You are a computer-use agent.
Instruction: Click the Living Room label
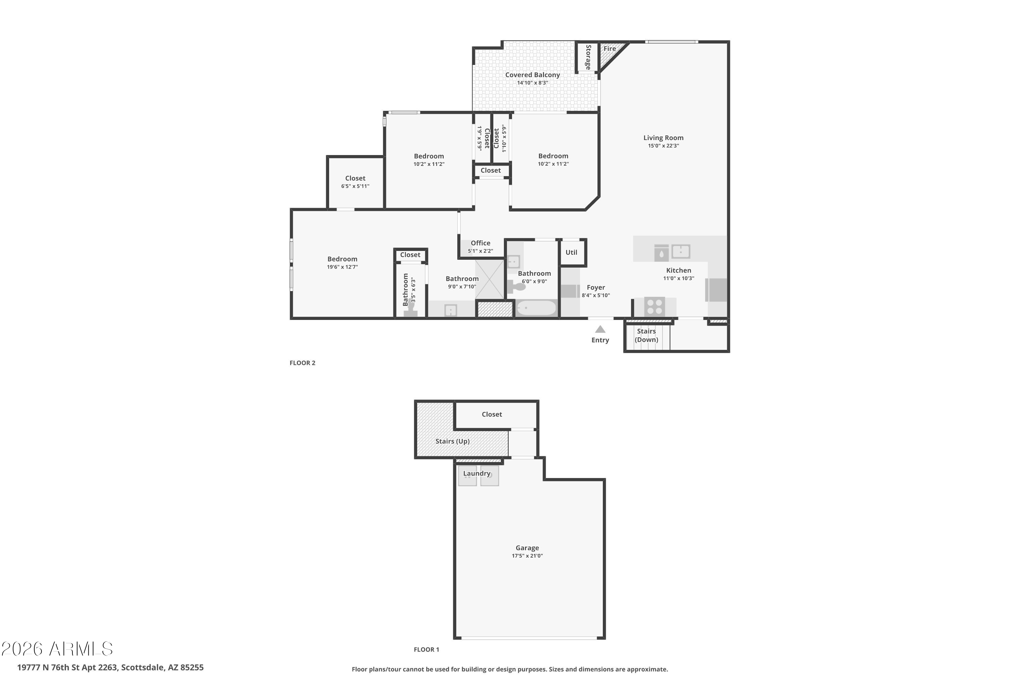point(663,138)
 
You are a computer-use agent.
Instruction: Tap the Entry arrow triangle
point(600,329)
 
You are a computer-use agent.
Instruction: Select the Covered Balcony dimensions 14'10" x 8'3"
point(532,83)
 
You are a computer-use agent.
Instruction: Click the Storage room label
point(588,57)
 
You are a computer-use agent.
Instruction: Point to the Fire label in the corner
point(609,49)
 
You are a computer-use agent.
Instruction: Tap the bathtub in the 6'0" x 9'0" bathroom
point(537,308)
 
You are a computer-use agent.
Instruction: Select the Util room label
point(571,252)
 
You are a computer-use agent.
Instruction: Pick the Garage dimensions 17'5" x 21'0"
point(527,556)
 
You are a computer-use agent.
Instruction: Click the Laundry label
point(477,473)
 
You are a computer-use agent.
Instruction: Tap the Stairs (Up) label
point(452,441)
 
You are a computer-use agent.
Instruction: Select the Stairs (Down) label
point(646,335)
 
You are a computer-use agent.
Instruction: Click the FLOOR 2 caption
point(302,363)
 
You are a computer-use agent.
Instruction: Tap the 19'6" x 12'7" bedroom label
point(342,259)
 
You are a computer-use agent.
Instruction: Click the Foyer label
point(595,288)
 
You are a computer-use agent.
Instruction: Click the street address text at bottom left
point(110,667)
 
